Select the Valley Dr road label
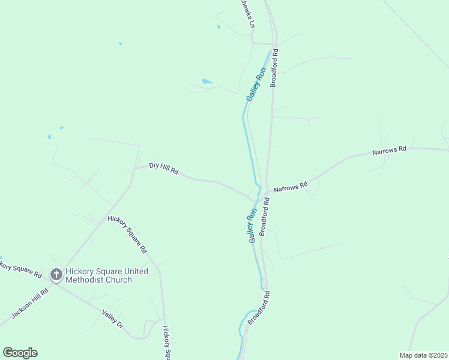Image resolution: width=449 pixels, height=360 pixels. coord(112,319)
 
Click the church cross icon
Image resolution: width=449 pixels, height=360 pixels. coord(56,275)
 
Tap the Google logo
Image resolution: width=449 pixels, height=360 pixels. coord(20,353)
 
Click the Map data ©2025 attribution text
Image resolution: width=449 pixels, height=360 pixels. coord(424,355)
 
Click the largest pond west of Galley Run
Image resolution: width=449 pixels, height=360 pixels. coord(206,81)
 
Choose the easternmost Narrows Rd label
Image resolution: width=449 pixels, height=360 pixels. coord(389,149)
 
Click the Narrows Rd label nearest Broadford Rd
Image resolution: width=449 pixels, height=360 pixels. coord(291,187)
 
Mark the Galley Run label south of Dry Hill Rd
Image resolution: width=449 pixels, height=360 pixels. coord(253,225)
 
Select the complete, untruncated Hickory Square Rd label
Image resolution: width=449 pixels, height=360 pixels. coord(127,233)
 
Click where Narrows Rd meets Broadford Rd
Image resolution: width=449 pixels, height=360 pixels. coord(267,193)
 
